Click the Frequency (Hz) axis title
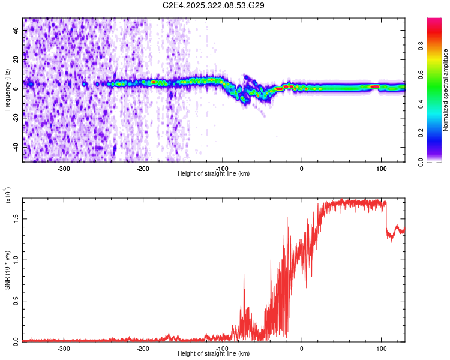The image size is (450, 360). pos(7,90)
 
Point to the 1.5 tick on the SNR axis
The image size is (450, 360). pos(16,219)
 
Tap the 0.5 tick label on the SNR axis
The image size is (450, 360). pos(16,301)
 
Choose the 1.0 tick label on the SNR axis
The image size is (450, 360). pos(16,260)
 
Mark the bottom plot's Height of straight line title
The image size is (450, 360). pos(214,354)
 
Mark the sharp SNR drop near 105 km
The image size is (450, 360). pos(386,219)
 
